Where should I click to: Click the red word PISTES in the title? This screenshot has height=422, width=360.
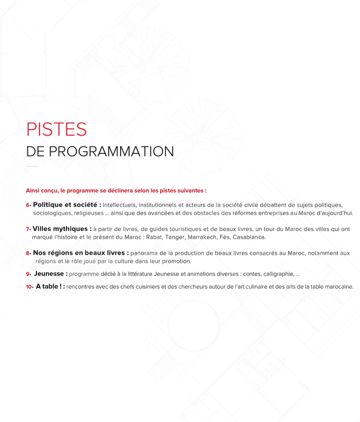click(x=56, y=129)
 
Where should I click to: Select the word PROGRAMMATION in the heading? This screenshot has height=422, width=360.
click(x=111, y=151)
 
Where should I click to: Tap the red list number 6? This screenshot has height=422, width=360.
click(x=28, y=205)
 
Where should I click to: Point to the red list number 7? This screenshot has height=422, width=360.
click(x=28, y=229)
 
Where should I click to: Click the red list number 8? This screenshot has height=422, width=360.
click(x=28, y=253)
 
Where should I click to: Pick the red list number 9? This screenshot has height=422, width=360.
click(x=28, y=274)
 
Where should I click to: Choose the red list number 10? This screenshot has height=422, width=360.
click(x=29, y=287)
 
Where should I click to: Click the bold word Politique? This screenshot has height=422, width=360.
click(x=48, y=205)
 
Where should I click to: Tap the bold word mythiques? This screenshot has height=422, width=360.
click(x=71, y=229)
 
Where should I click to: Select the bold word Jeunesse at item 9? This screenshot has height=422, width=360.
click(x=49, y=274)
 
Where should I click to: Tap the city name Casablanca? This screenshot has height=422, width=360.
click(x=249, y=237)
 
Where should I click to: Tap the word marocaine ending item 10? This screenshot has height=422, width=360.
click(x=339, y=287)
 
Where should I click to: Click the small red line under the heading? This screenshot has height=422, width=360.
click(x=33, y=166)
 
